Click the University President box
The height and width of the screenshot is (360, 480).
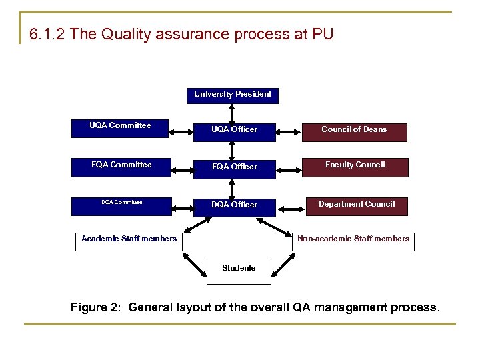coord(233,95)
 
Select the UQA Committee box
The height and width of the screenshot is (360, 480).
coord(120,129)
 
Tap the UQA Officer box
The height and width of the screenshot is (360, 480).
coord(234,129)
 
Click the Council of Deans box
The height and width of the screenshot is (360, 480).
coord(354,129)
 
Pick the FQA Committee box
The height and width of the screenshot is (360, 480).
coord(121,167)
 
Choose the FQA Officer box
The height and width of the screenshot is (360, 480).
coord(234,167)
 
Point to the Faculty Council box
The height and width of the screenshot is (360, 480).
coord(354,167)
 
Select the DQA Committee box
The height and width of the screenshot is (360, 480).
coord(121,205)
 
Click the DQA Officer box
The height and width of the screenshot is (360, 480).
coord(234,205)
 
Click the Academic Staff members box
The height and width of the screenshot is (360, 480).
coord(129,239)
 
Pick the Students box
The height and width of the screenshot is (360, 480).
coord(239,269)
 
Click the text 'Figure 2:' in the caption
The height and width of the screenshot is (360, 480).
coord(97,307)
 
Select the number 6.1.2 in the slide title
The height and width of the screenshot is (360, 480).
coord(47,34)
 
